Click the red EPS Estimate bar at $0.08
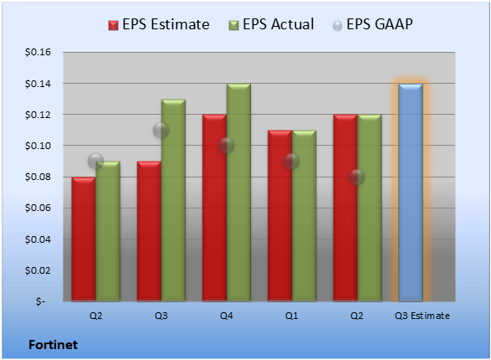coord(84,239)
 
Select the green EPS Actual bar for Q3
coord(173,200)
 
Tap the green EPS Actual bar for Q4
coord(238,193)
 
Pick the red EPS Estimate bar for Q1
coord(280,215)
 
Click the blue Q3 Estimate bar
coord(411,193)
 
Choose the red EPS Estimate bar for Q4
coord(214,208)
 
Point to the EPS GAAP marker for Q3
coord(161,130)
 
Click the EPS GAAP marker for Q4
coord(227,146)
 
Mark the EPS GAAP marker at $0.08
coord(357,177)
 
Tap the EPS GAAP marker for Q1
coord(292,161)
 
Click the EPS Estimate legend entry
coord(159,24)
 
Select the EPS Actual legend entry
coord(271,24)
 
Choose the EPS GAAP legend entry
coord(372,24)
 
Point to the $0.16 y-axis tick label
coord(38,52)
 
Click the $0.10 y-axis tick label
coord(38,146)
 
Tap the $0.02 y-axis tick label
coord(38,270)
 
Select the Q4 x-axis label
coord(227,316)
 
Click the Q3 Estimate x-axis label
coord(422,316)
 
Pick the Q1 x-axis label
coord(292,316)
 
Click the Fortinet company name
coord(54,345)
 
